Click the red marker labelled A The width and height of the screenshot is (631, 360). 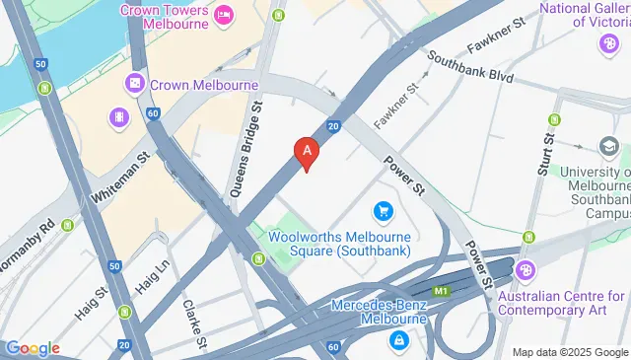click(x=307, y=153)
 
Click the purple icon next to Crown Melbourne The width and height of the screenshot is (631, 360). click(x=133, y=85)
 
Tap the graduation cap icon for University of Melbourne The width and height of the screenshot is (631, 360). click(x=610, y=148)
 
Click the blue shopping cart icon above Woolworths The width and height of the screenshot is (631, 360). click(x=384, y=211)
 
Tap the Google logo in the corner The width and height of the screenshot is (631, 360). click(x=32, y=348)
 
